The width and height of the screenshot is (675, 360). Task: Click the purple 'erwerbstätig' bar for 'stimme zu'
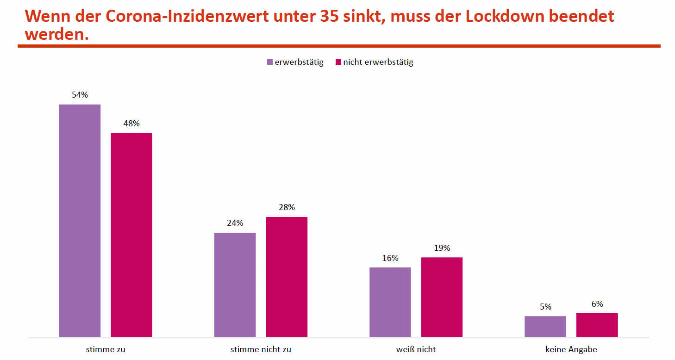pyautogui.click(x=80, y=220)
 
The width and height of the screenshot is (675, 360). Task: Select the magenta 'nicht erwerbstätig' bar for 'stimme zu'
pyautogui.click(x=131, y=235)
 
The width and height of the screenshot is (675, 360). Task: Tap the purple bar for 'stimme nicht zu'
pyautogui.click(x=235, y=285)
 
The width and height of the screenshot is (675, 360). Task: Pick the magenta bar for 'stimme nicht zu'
pyautogui.click(x=287, y=277)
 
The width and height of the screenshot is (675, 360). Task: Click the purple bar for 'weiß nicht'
pyautogui.click(x=390, y=302)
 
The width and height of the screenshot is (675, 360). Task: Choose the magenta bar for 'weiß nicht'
pyautogui.click(x=442, y=297)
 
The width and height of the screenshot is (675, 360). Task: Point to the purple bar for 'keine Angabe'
pyautogui.click(x=545, y=326)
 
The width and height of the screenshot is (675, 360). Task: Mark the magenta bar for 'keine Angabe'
pyautogui.click(x=597, y=325)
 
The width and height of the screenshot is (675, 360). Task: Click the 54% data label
pyautogui.click(x=80, y=95)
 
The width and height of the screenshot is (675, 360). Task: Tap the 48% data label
pyautogui.click(x=131, y=124)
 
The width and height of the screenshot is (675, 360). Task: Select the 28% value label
pyautogui.click(x=287, y=207)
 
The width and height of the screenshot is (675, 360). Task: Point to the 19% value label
pyautogui.click(x=442, y=248)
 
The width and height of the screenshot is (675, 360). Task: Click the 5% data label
pyautogui.click(x=545, y=307)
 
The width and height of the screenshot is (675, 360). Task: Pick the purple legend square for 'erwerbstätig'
pyautogui.click(x=270, y=62)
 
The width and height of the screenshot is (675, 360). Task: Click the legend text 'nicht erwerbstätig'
pyautogui.click(x=378, y=62)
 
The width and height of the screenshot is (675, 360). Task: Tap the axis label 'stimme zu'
pyautogui.click(x=106, y=349)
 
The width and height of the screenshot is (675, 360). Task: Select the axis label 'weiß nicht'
pyautogui.click(x=416, y=349)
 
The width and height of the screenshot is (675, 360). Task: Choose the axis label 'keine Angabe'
pyautogui.click(x=571, y=349)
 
